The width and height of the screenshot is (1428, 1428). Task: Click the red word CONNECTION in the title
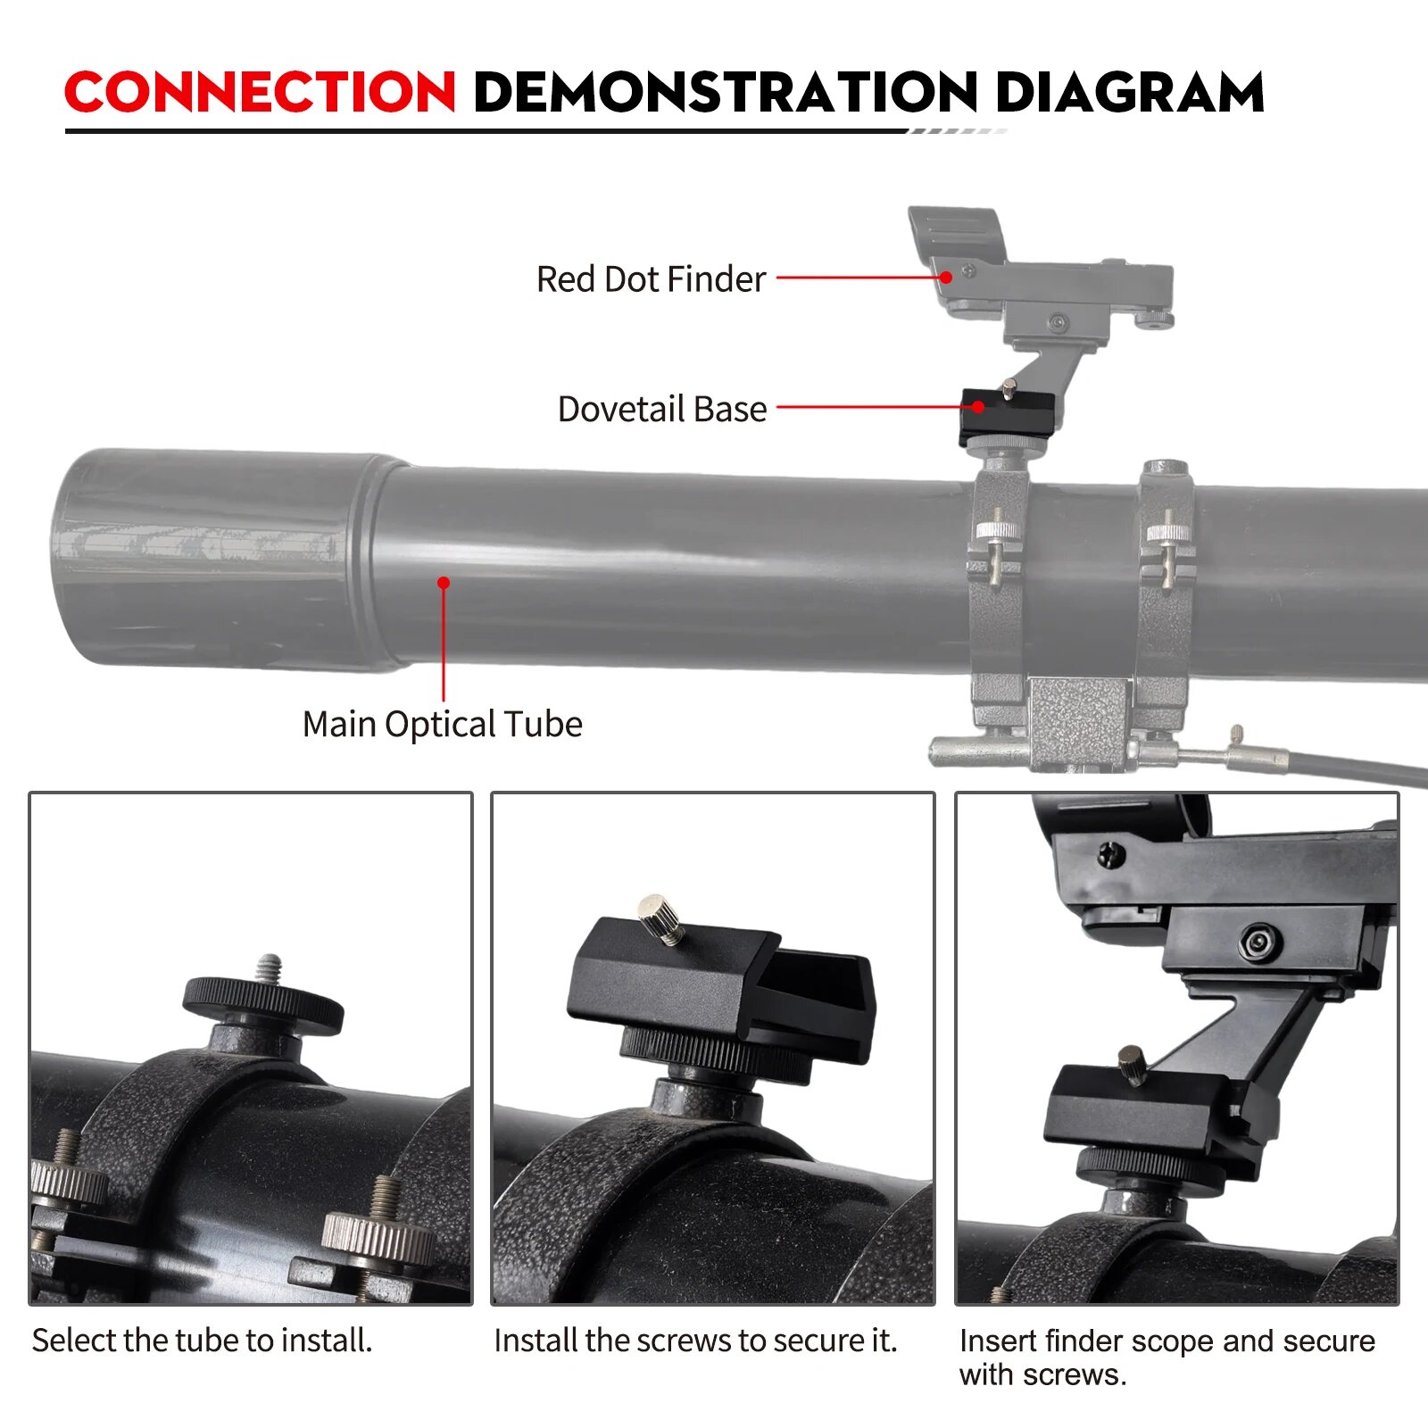[x=260, y=92]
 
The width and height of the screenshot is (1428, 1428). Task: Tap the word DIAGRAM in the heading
[x=1129, y=92]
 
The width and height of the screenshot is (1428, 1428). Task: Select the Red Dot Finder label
[x=651, y=279]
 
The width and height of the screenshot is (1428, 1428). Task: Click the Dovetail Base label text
[x=662, y=409]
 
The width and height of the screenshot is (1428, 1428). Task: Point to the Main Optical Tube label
[x=443, y=724]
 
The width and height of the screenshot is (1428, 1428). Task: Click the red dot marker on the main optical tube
[x=444, y=583]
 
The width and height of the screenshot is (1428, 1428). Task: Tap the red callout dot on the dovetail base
[x=978, y=407]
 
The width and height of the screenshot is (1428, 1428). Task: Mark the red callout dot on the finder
[x=946, y=278]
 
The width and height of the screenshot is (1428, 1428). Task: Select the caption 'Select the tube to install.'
[x=202, y=1341]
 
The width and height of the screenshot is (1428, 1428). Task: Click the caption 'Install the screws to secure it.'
[x=695, y=1341]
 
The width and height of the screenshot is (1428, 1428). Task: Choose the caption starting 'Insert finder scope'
[x=1166, y=1357]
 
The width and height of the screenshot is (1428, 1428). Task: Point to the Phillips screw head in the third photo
[x=1110, y=854]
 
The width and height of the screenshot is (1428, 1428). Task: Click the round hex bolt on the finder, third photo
[x=1259, y=942]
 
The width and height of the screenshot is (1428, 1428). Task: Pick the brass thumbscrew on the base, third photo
[x=1132, y=1065]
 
